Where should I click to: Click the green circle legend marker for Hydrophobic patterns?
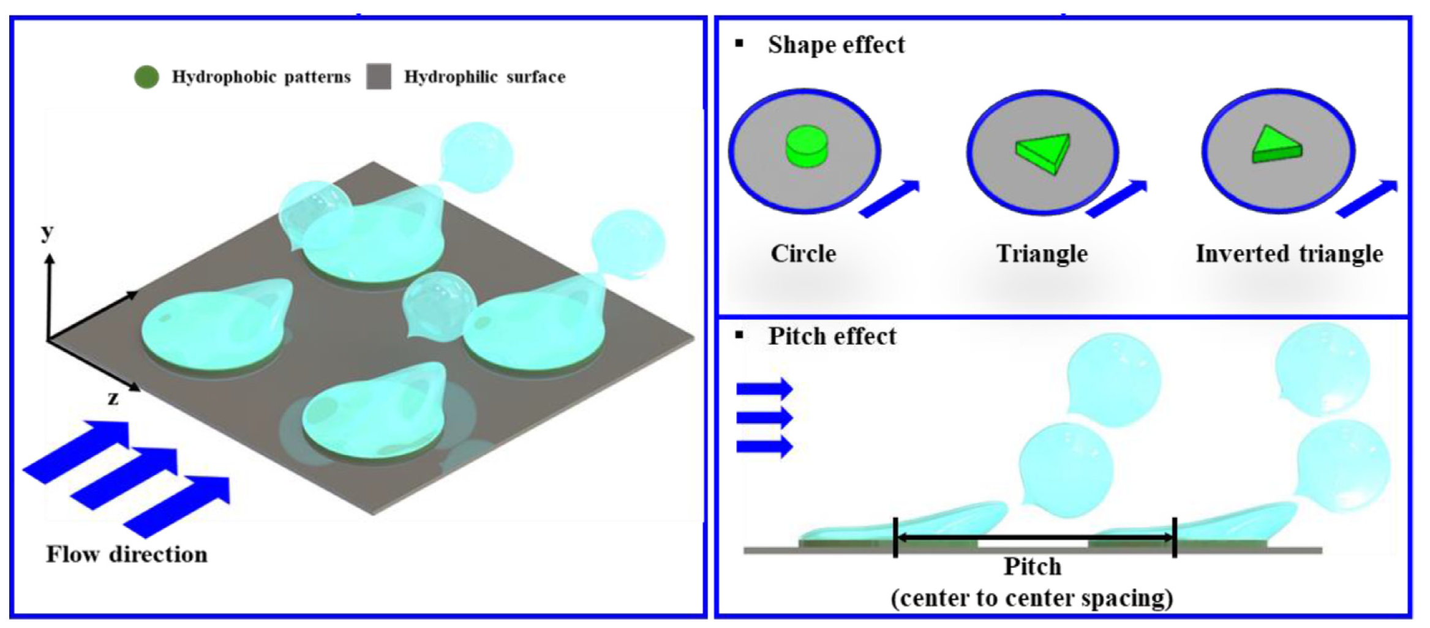click(x=146, y=77)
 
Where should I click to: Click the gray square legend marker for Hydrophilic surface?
click(x=378, y=77)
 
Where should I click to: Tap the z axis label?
click(x=113, y=398)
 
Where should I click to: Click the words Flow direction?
click(x=127, y=555)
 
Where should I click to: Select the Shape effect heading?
click(x=835, y=45)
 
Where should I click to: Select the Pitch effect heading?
click(x=832, y=337)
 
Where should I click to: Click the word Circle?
click(x=803, y=254)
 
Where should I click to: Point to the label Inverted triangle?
click(x=1289, y=254)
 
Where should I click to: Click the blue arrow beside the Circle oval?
click(x=890, y=198)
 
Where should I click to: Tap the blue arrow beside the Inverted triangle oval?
click(x=1368, y=198)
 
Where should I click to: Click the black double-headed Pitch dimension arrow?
click(x=1035, y=538)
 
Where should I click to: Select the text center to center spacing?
click(x=1032, y=598)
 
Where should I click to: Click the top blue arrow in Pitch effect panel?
click(x=764, y=389)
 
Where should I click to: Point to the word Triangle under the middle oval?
click(x=1042, y=254)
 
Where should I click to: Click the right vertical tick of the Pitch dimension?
click(x=1174, y=537)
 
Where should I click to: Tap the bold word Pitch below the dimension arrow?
click(x=1032, y=567)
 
